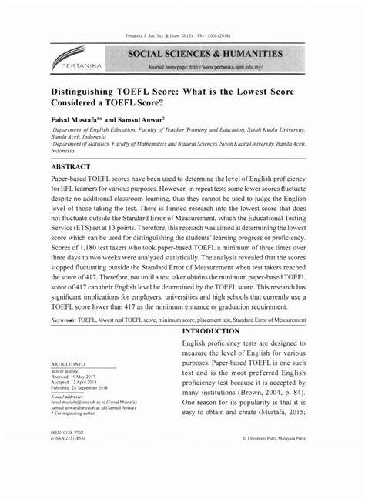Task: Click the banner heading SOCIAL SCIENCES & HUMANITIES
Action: [x=206, y=54]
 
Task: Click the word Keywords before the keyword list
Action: [x=66, y=318]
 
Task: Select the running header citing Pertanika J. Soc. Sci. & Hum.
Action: [x=182, y=37]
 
